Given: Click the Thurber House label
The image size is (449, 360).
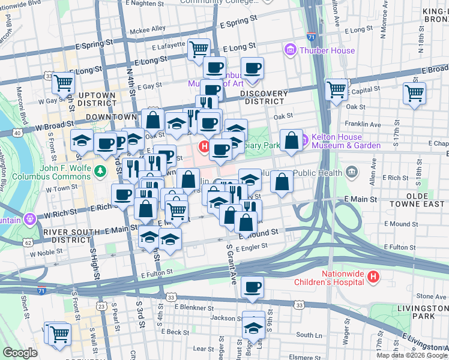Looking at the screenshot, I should (327, 50).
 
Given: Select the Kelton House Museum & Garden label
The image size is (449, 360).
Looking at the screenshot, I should (346, 142).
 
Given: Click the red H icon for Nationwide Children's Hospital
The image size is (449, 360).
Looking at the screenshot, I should (373, 277).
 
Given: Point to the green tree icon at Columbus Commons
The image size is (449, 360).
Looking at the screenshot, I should (101, 172).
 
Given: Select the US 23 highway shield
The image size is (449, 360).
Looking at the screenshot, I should (101, 307).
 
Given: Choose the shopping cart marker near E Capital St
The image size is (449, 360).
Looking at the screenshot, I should (414, 93).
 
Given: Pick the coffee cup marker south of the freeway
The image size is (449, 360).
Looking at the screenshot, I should (253, 287).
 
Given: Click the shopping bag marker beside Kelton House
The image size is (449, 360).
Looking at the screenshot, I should (291, 140).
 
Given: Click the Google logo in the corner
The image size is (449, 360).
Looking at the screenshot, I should (20, 353).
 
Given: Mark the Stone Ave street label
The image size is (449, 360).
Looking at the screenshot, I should (432, 296).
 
